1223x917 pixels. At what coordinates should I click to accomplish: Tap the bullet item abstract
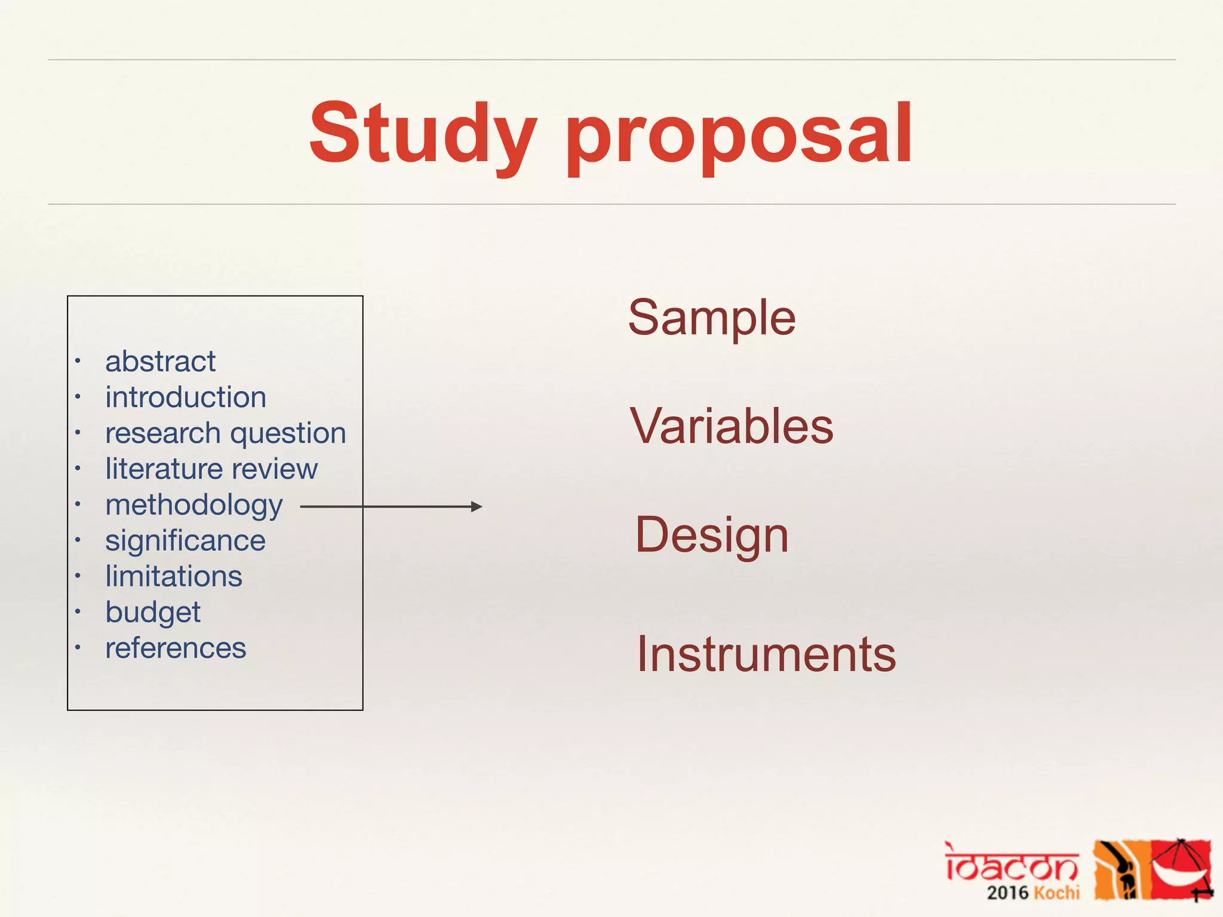click(x=160, y=362)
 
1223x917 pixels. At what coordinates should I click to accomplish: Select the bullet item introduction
click(x=186, y=398)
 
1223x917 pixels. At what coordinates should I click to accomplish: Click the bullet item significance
click(x=185, y=541)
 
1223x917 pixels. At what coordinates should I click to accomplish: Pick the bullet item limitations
click(x=174, y=577)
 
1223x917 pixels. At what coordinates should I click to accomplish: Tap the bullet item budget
click(x=153, y=613)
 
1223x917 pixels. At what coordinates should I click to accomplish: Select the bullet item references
click(x=176, y=648)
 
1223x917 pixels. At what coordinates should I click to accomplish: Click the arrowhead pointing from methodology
click(x=477, y=507)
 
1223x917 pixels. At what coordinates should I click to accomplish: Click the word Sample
click(x=711, y=318)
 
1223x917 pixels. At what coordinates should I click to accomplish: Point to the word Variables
click(x=731, y=426)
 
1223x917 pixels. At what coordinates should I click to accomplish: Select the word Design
click(x=711, y=535)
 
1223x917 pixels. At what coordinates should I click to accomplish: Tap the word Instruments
click(x=766, y=654)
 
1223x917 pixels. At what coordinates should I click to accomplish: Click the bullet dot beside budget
click(x=78, y=611)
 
